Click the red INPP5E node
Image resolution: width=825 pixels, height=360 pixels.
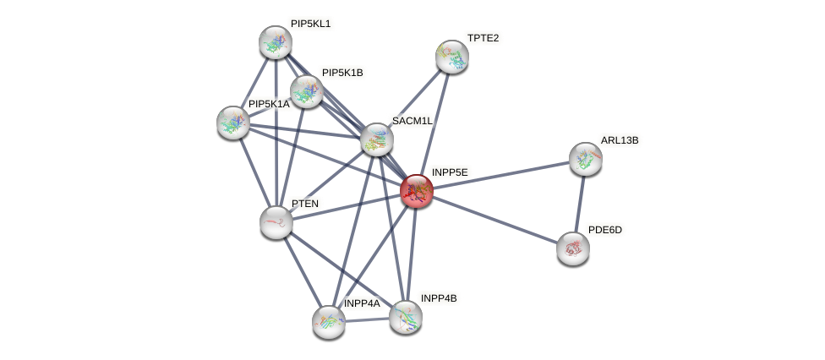point(416,191)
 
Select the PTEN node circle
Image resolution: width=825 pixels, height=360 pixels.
point(276,222)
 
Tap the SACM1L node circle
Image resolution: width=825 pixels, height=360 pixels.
point(377,139)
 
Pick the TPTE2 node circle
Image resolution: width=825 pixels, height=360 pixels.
point(452,57)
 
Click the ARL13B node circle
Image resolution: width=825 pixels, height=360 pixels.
point(585,159)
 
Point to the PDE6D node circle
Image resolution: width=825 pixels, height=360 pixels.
point(573,248)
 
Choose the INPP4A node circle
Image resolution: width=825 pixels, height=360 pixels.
point(329,322)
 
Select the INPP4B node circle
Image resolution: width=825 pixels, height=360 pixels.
point(406,317)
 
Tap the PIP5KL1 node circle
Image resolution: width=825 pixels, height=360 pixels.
point(276,42)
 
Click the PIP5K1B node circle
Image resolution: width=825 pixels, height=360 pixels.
point(307,91)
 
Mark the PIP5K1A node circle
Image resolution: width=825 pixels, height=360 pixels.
point(233,123)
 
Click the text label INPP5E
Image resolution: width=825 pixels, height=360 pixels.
point(449,172)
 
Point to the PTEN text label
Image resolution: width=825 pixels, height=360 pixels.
point(305,204)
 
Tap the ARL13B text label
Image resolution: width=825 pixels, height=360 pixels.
point(620,140)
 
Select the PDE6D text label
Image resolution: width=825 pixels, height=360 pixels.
point(604,230)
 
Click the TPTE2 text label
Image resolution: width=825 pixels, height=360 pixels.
point(483,38)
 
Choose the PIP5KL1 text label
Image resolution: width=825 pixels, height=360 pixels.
point(310,24)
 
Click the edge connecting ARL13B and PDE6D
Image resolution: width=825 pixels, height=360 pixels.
point(579,204)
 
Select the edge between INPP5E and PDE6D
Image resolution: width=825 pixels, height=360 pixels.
point(494,220)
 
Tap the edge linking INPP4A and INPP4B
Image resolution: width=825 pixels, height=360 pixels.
point(367,319)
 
